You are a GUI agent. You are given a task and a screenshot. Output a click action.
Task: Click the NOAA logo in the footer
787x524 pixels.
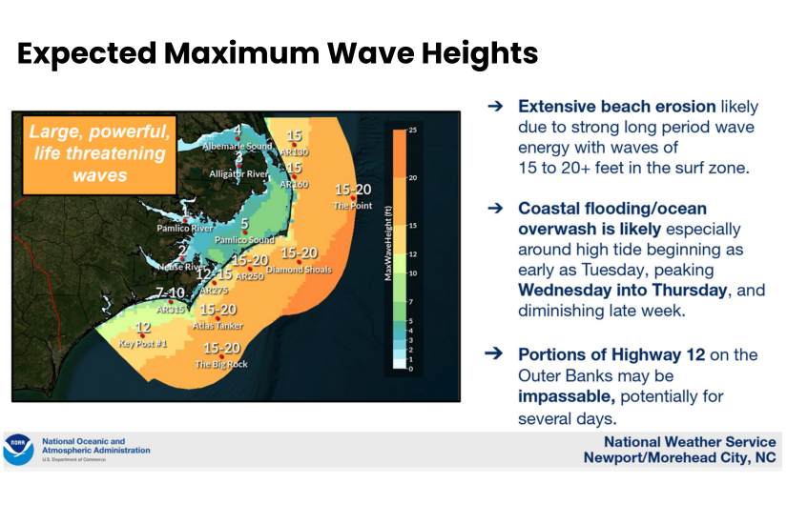click(18, 449)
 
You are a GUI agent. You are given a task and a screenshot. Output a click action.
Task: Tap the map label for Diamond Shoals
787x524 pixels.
click(300, 270)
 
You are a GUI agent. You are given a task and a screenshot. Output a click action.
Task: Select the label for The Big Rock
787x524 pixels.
click(221, 364)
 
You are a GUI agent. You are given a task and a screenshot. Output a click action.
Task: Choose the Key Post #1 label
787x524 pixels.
click(143, 343)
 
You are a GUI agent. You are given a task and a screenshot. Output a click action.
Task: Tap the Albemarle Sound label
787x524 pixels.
click(237, 147)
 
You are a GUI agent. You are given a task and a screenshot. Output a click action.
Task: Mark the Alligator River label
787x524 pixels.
click(239, 174)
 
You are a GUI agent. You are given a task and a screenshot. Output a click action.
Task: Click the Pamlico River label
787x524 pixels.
click(184, 230)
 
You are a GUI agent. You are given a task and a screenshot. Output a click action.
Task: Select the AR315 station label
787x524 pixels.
click(170, 310)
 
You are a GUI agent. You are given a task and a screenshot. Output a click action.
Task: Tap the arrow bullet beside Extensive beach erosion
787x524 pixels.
click(494, 108)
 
